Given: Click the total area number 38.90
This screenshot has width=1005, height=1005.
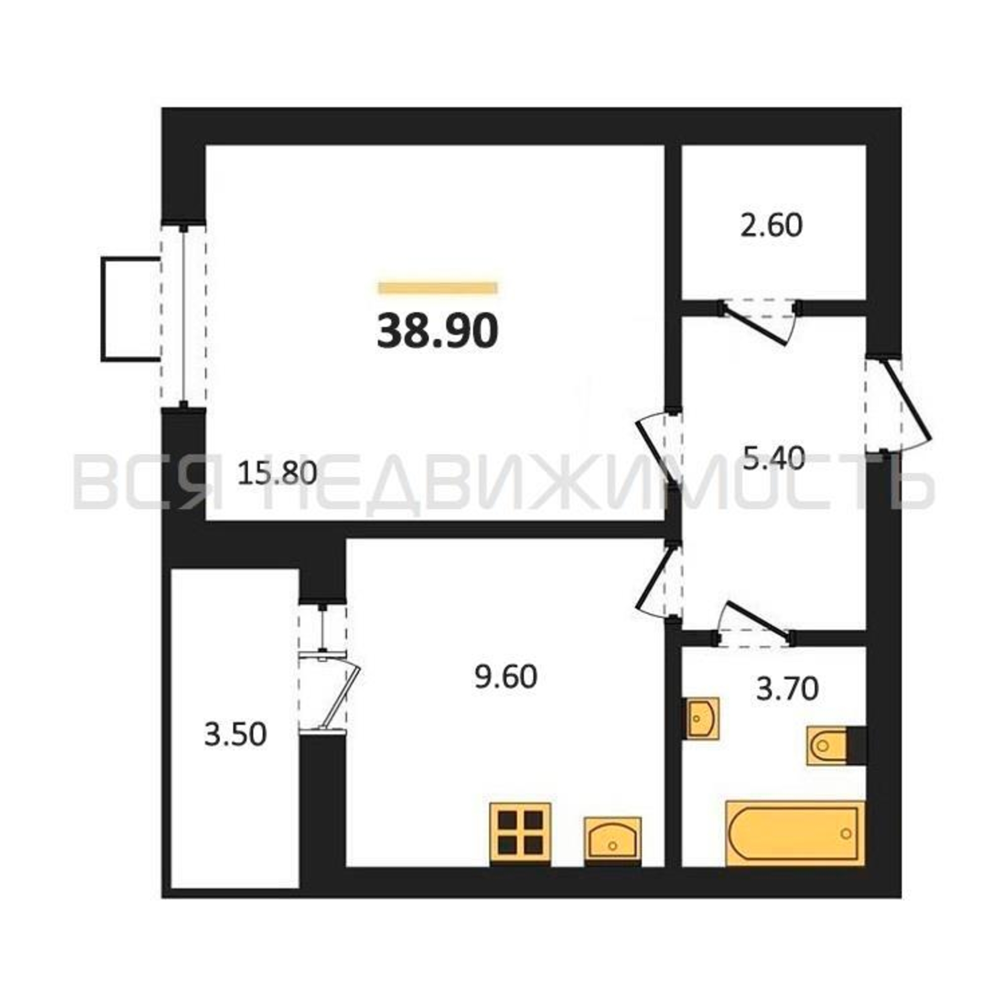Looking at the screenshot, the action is [x=438, y=332].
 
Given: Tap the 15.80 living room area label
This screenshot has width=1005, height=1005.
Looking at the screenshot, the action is [x=277, y=474].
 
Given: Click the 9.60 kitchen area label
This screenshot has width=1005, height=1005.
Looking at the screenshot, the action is [x=506, y=677].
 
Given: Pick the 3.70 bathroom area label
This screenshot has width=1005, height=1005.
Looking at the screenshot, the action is [x=787, y=689].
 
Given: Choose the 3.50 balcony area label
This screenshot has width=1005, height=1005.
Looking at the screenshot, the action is [x=235, y=735].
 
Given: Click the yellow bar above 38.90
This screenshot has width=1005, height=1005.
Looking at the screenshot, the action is [x=438, y=287].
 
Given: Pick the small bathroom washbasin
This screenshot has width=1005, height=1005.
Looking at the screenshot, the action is [x=702, y=718].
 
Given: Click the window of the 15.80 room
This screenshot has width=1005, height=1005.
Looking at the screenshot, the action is [x=183, y=315].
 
